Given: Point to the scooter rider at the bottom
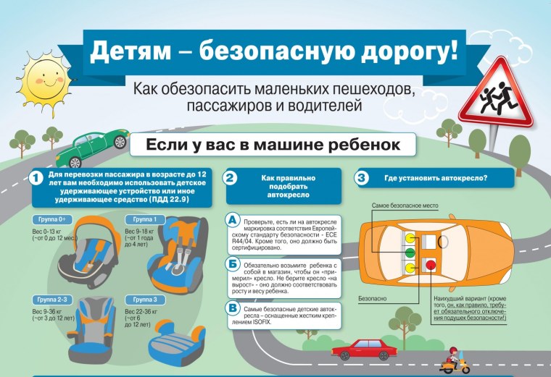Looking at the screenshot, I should tap(452, 360).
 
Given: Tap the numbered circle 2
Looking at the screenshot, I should tap(230, 178).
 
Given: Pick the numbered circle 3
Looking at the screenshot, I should tap(360, 178).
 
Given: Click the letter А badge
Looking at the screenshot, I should tap(232, 220).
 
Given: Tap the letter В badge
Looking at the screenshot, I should tap(232, 310).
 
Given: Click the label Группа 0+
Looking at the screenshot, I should tap(53, 219).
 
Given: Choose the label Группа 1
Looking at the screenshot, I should tap(145, 219).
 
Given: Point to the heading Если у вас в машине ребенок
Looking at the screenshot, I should tap(273, 145).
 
